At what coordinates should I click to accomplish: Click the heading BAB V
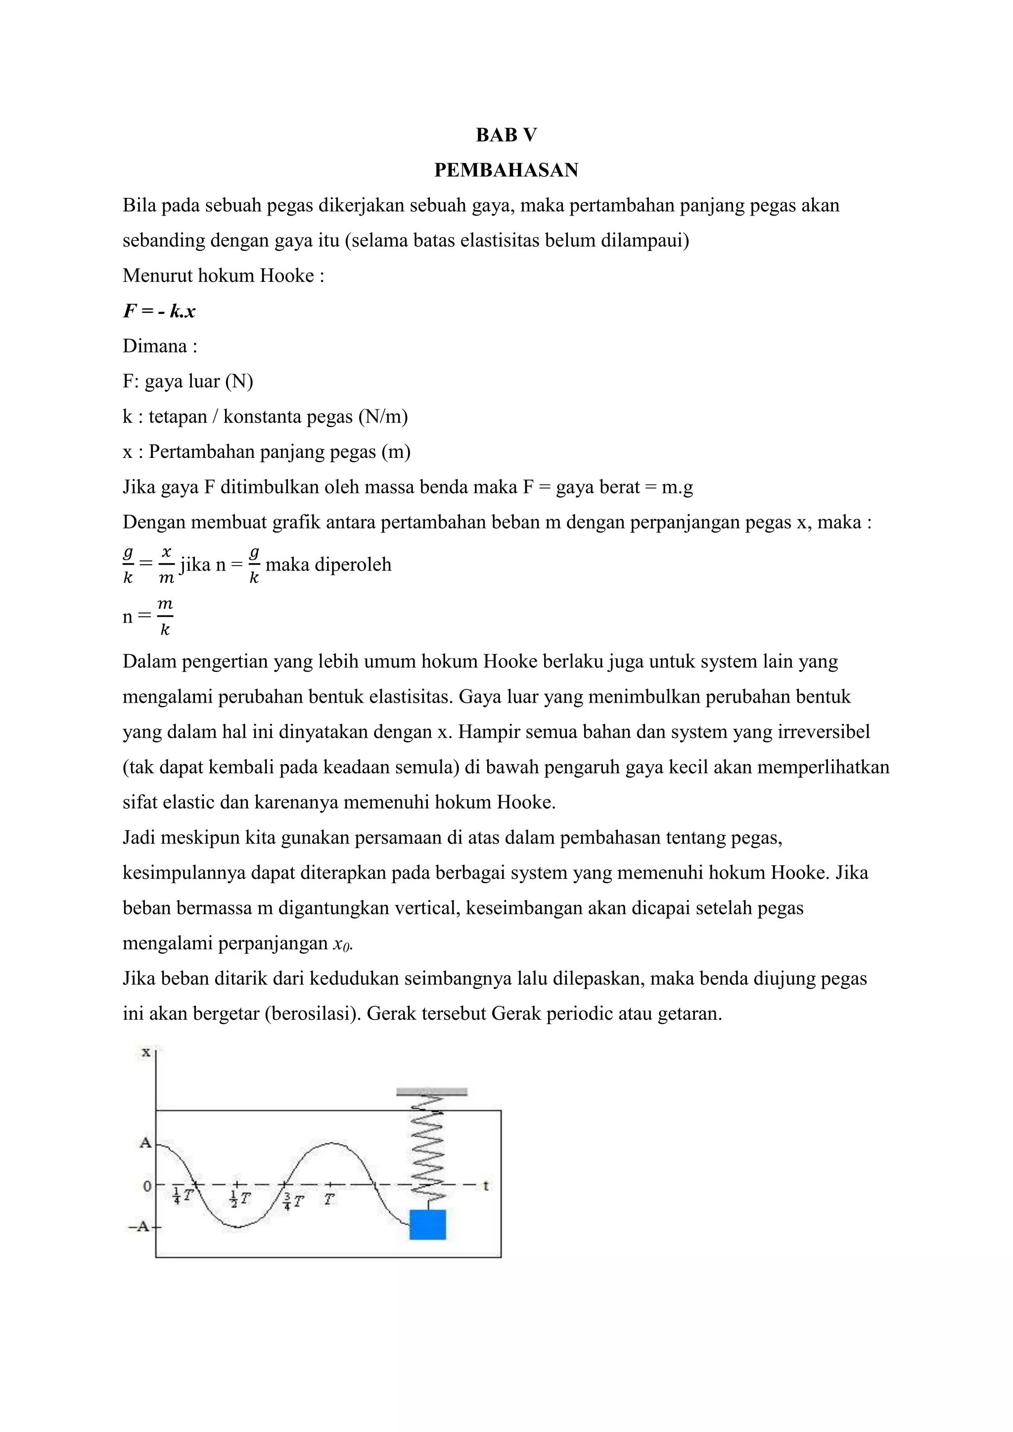pyautogui.click(x=506, y=135)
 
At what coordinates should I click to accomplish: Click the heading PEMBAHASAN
pyautogui.click(x=506, y=170)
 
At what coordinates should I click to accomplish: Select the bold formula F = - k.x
pyautogui.click(x=159, y=311)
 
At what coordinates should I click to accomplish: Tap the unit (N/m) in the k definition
pyautogui.click(x=382, y=417)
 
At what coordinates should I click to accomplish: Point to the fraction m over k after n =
pyautogui.click(x=165, y=617)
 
